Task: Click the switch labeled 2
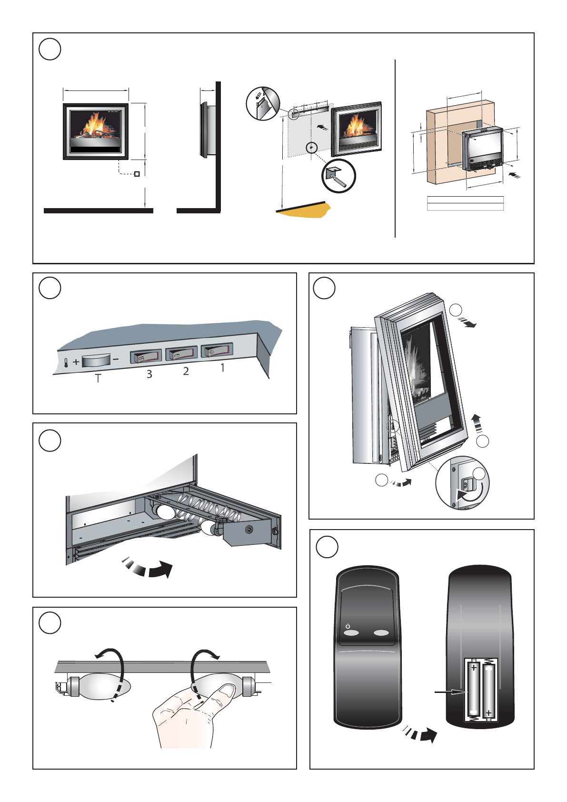pyautogui.click(x=181, y=353)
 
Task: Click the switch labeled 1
pyautogui.click(x=217, y=351)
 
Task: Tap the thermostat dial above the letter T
pyautogui.click(x=96, y=361)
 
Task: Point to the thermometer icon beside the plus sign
pyautogui.click(x=65, y=363)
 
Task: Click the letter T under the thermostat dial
pyautogui.click(x=98, y=379)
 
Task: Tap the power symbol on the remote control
pyautogui.click(x=348, y=626)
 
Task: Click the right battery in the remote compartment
pyautogui.click(x=488, y=691)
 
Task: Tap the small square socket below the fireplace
pyautogui.click(x=137, y=174)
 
